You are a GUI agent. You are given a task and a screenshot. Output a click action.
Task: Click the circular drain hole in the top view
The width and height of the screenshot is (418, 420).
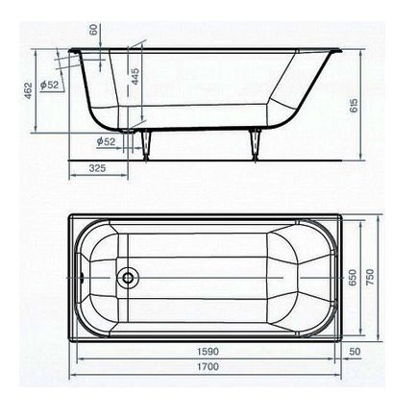[126, 281]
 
